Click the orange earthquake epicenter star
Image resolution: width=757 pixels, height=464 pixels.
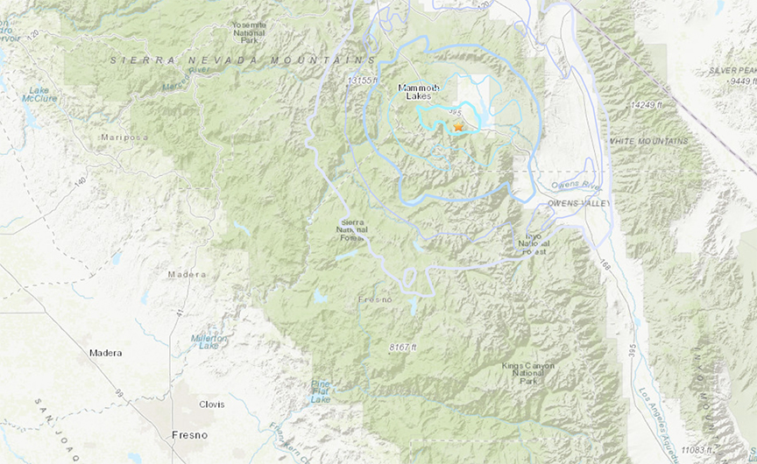pyautogui.click(x=457, y=127)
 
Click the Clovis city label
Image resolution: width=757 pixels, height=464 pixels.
pyautogui.click(x=211, y=404)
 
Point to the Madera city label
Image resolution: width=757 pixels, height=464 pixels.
pyautogui.click(x=106, y=353)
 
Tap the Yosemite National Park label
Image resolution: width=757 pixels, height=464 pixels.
pyautogui.click(x=250, y=32)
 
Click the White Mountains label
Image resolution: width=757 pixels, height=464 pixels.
pyautogui.click(x=648, y=141)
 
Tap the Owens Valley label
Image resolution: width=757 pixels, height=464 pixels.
pyautogui.click(x=577, y=203)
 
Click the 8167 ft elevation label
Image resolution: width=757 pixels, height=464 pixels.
pyautogui.click(x=406, y=348)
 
